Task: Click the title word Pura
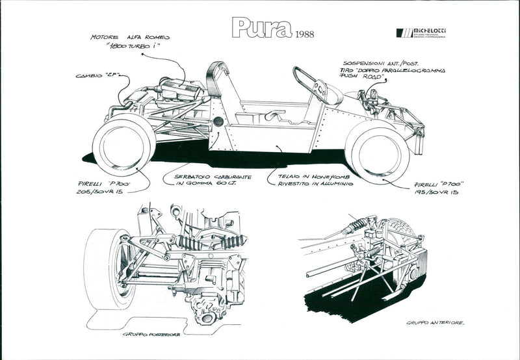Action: pos(260,29)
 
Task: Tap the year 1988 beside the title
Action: pos(306,34)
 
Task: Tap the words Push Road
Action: pos(361,75)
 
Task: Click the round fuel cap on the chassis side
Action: pos(218,122)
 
